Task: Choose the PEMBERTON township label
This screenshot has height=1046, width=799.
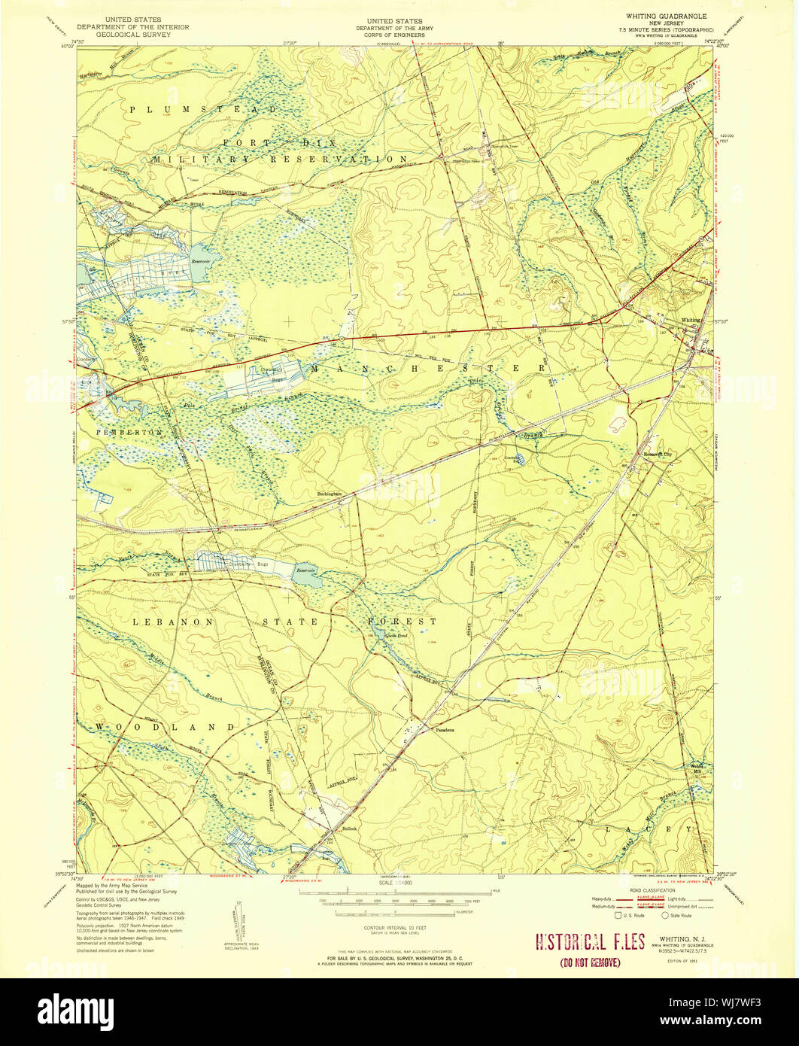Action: (119, 433)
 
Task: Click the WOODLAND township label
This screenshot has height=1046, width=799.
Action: (166, 727)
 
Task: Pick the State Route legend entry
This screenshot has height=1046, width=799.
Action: (680, 915)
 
